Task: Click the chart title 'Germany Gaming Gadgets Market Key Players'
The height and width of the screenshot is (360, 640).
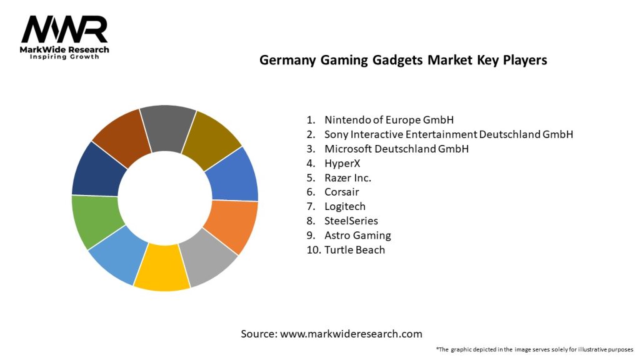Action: tap(403, 60)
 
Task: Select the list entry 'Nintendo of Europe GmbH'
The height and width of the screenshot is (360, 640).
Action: tap(389, 119)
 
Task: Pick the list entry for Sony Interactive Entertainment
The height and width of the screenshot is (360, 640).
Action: tap(448, 134)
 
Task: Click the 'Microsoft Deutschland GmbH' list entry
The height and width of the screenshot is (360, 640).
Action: tap(396, 149)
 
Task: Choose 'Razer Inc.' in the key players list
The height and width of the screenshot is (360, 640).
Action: tap(347, 177)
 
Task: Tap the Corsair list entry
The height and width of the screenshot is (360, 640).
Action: tap(342, 192)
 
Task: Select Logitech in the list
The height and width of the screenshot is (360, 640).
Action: tap(345, 206)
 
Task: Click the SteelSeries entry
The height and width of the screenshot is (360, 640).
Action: tap(351, 221)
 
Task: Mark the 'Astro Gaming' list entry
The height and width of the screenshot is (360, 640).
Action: tap(357, 235)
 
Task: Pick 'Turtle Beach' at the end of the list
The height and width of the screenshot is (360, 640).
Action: tap(354, 249)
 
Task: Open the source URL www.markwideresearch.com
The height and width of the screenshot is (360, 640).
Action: tap(351, 334)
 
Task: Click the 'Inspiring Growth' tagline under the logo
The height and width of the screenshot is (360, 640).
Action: tap(64, 57)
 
